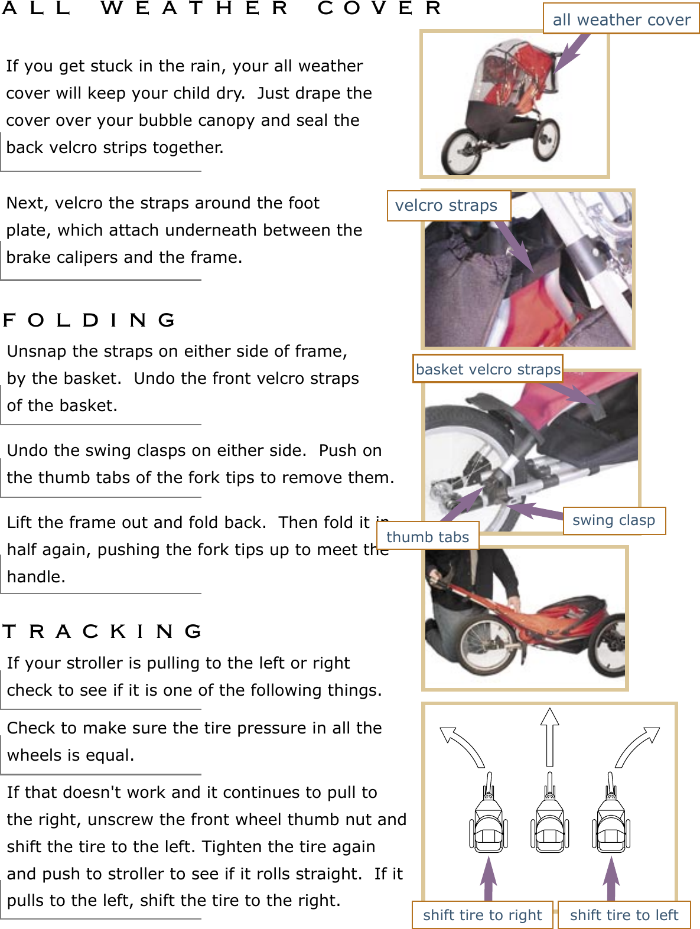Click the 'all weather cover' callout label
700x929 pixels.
click(621, 19)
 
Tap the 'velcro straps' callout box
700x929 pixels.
click(448, 206)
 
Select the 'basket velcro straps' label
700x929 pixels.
click(487, 369)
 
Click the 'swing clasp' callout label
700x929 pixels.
click(614, 520)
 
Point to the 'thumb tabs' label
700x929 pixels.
click(428, 537)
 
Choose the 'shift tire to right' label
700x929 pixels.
click(482, 915)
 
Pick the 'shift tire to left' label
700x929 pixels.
click(624, 915)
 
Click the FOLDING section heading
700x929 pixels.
click(89, 320)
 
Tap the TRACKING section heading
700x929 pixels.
click(102, 631)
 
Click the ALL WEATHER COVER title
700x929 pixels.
click(222, 8)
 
